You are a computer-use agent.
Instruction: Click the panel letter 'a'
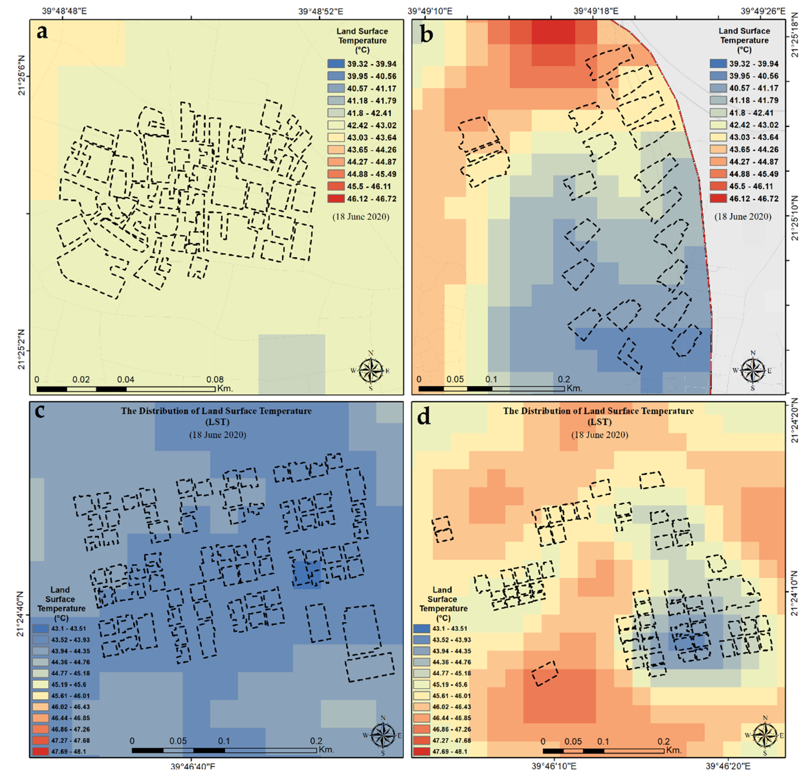(x=42, y=32)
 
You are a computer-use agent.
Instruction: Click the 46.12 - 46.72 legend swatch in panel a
(x=336, y=198)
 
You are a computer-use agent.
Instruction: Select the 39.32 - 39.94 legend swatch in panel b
(x=718, y=64)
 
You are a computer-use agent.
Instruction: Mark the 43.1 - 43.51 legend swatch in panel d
(x=421, y=629)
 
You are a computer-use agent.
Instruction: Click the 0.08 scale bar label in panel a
(x=215, y=379)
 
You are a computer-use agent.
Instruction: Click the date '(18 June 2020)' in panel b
(x=743, y=217)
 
